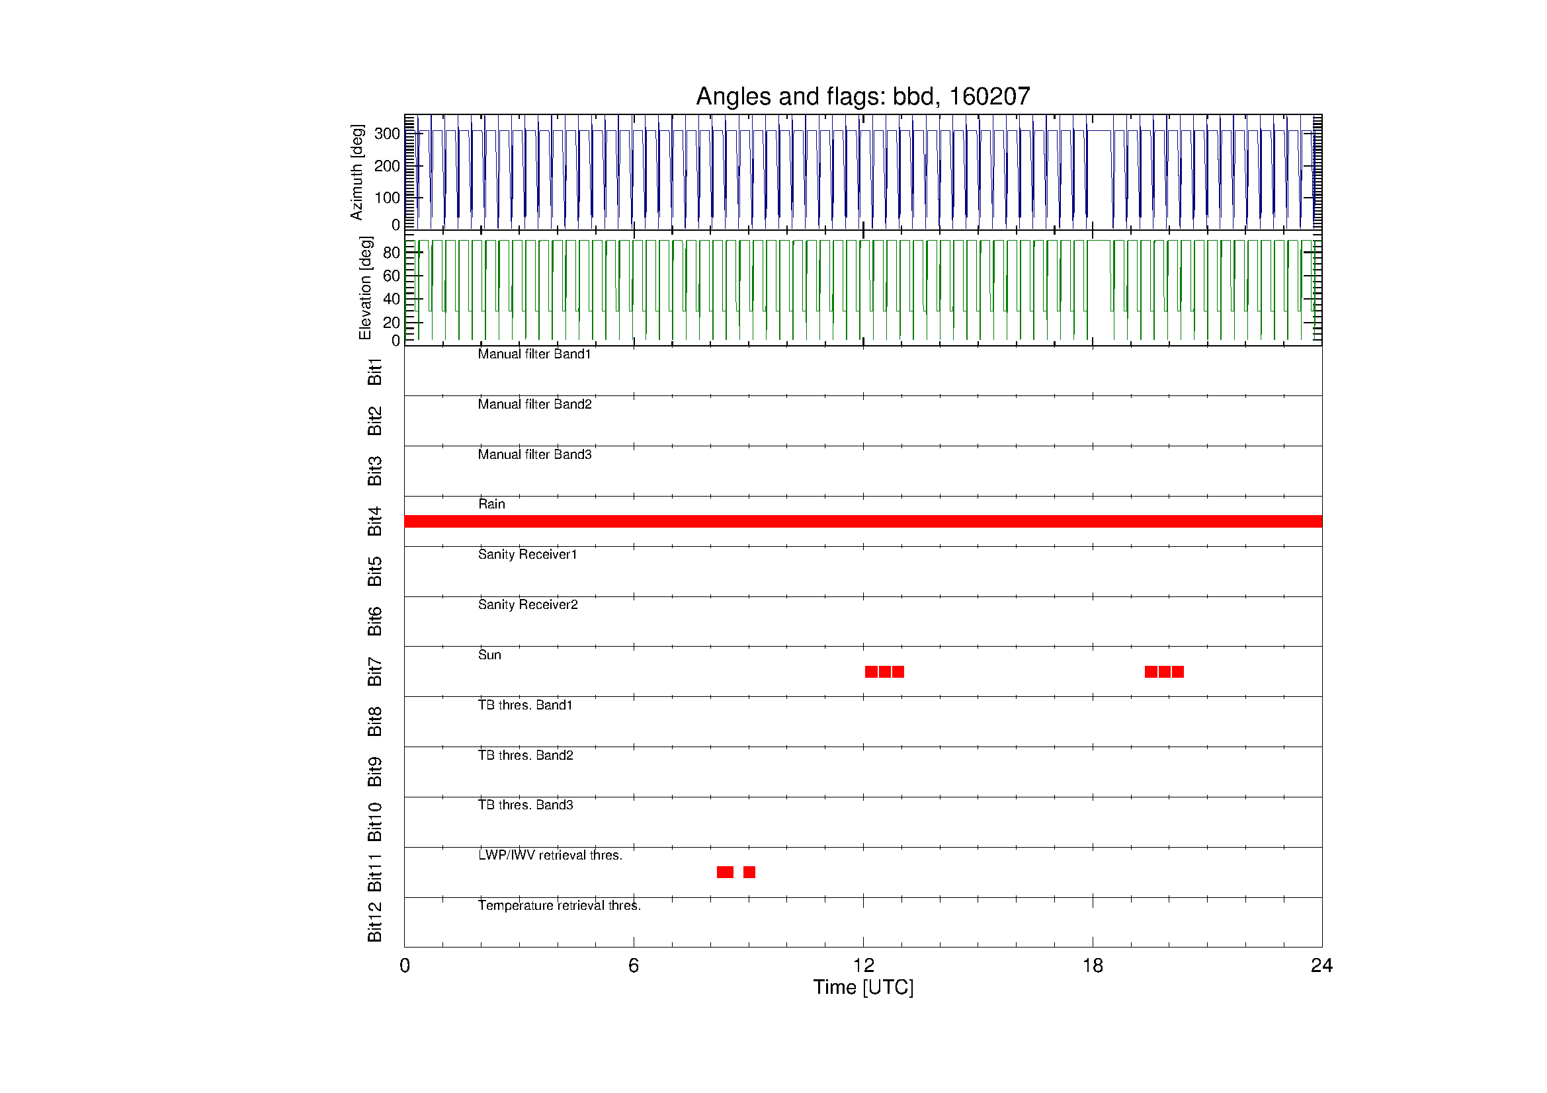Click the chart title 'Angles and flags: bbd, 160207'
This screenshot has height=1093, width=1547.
(862, 97)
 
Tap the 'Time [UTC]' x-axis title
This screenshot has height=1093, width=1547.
(863, 987)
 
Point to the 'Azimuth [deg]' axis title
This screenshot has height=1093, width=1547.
(356, 172)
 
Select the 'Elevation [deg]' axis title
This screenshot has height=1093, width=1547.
(365, 288)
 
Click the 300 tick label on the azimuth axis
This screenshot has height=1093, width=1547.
(388, 134)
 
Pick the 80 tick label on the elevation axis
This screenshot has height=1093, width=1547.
(392, 253)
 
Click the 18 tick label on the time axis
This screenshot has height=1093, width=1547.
(1093, 966)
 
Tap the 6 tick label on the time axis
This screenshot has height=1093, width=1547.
(634, 966)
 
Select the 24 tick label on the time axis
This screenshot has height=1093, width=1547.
(1322, 966)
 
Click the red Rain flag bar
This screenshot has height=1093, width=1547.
(863, 521)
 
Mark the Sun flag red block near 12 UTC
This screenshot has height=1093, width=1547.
(885, 671)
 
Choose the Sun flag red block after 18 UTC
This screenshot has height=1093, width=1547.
(1164, 671)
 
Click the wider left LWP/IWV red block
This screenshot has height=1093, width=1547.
(725, 872)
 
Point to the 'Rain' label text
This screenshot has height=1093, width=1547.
(492, 504)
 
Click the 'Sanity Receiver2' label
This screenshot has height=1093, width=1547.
(528, 605)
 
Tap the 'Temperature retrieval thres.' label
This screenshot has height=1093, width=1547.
(560, 906)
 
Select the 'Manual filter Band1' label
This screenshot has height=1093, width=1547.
(534, 354)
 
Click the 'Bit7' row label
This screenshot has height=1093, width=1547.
(374, 671)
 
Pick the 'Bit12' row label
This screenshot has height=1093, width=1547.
(374, 922)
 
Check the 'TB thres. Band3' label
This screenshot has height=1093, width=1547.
(526, 805)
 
